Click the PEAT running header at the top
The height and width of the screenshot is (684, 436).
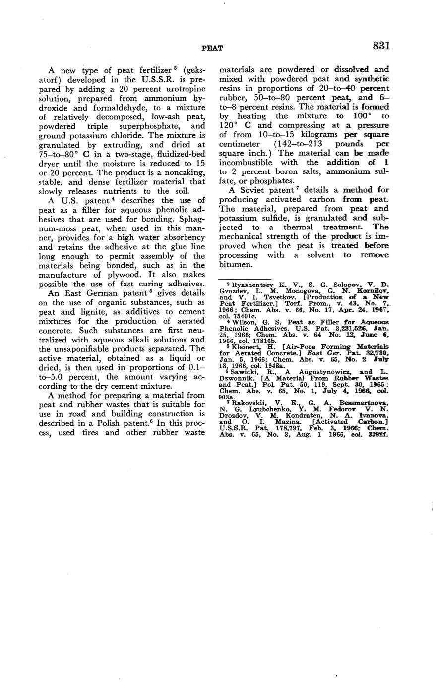tap(212, 48)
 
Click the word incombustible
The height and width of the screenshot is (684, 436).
tap(245, 163)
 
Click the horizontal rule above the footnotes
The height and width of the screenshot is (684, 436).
tap(244, 279)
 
